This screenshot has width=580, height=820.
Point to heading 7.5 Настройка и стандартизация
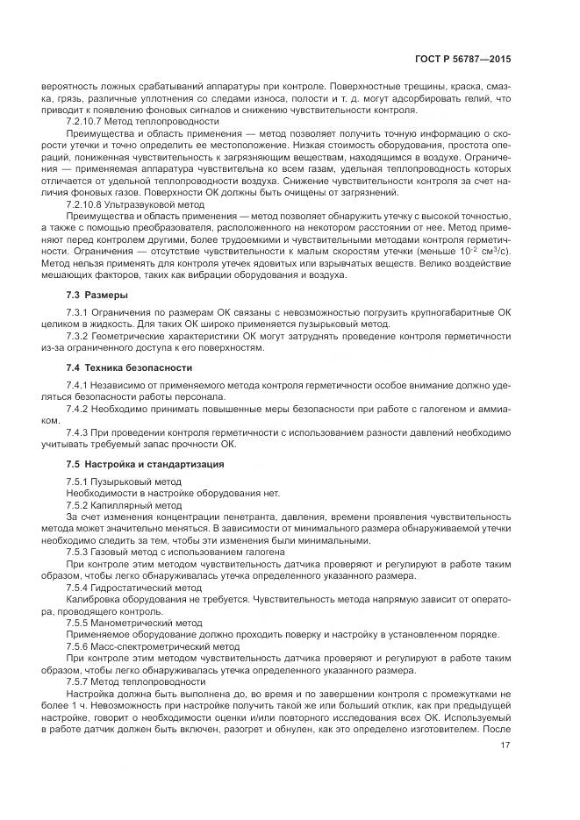tap(145, 463)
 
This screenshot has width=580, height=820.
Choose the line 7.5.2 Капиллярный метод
tap(124, 505)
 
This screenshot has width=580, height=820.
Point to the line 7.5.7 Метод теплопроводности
tap(135, 681)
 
